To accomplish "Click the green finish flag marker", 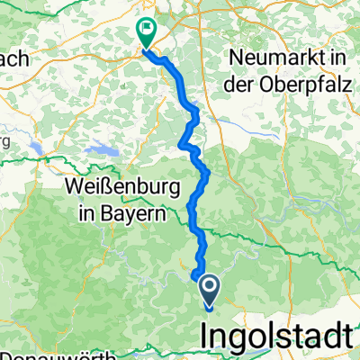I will (x=146, y=32).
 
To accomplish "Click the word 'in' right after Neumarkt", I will (x=337, y=57).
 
